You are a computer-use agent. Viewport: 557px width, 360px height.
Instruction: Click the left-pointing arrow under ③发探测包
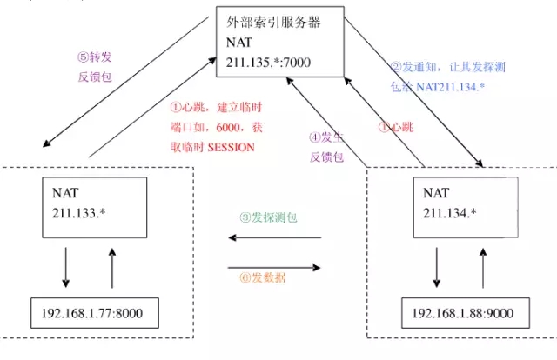pos(273,237)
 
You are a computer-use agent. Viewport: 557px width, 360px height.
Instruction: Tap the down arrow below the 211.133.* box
pos(67,270)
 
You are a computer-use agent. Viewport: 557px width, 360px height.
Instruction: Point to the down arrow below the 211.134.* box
pos(437,270)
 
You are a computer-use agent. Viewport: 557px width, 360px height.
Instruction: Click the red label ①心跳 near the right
pos(395,126)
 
